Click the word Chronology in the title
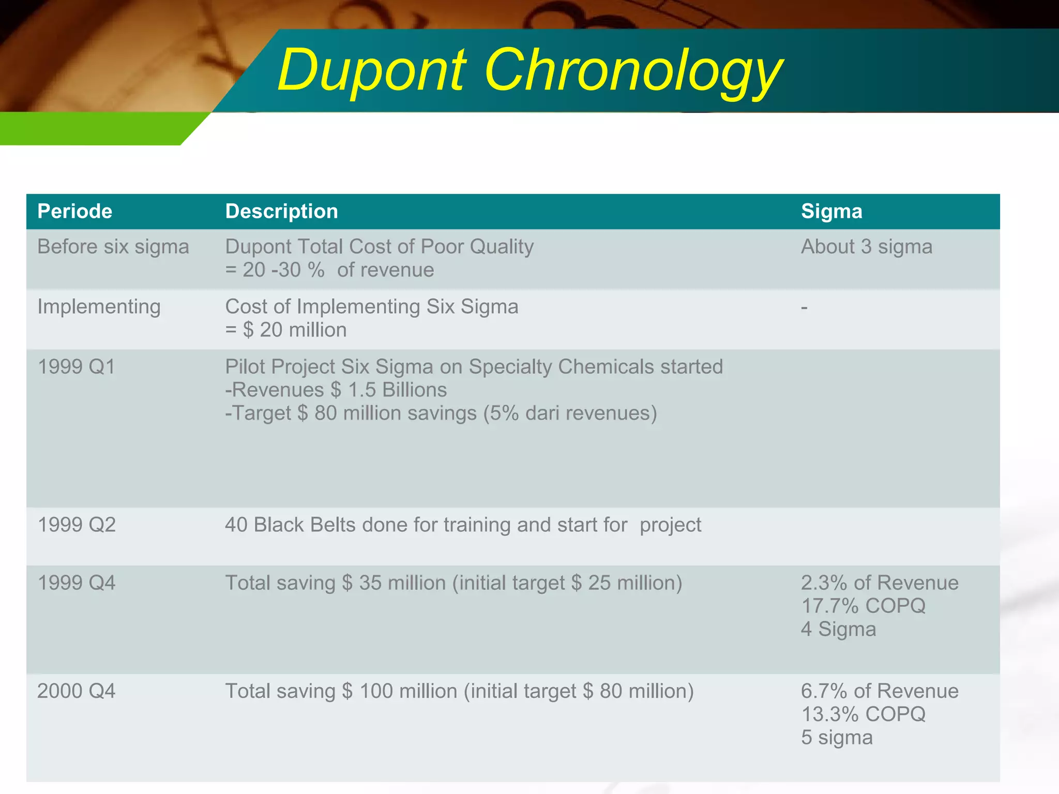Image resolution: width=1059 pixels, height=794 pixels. click(x=633, y=71)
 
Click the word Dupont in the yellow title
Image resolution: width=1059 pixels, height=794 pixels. click(x=371, y=71)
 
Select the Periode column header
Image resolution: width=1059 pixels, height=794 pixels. click(x=75, y=211)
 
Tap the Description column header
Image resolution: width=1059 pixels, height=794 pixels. click(x=281, y=211)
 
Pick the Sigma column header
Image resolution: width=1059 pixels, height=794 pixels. click(x=831, y=211)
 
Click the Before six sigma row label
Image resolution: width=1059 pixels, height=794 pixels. click(x=113, y=247)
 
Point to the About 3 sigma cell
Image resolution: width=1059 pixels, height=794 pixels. click(x=867, y=247)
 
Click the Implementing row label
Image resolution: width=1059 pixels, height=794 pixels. click(x=99, y=307)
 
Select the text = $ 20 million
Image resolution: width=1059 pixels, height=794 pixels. click(x=286, y=330)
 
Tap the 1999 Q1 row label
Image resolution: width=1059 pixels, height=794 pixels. click(x=77, y=367)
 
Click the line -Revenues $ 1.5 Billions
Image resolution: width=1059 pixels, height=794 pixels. click(x=336, y=390)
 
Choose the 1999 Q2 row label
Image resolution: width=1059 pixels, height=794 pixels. click(x=77, y=525)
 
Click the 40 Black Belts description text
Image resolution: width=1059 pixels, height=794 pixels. click(x=463, y=525)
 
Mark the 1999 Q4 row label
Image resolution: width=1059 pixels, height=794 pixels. click(x=77, y=583)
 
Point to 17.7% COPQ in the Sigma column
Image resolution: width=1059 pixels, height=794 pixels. click(x=863, y=606)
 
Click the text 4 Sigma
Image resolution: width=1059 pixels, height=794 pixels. click(x=838, y=629)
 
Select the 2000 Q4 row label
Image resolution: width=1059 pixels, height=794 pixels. click(x=77, y=691)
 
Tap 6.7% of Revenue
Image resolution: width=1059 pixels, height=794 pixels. click(x=880, y=691)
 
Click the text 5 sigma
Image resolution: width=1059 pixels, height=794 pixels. click(x=837, y=737)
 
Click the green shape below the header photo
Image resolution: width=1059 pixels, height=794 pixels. click(x=93, y=128)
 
